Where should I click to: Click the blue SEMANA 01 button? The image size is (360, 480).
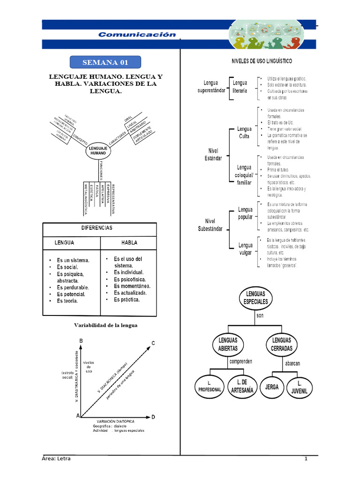point(105,62)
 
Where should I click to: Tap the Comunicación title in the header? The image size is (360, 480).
point(137,34)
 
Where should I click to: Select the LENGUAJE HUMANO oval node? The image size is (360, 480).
point(98,150)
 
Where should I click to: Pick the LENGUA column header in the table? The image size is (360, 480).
point(65,243)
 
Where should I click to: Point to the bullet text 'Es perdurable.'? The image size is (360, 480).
point(73,287)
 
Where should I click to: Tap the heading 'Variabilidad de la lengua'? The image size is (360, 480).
point(105,325)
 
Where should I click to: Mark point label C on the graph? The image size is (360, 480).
point(153,343)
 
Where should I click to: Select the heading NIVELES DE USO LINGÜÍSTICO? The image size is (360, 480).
point(262,61)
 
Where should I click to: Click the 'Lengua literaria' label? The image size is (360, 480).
point(240,87)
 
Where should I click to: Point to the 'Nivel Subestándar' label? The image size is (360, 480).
point(210,225)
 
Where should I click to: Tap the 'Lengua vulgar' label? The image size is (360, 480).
point(245,249)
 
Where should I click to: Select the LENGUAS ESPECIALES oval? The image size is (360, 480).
point(256,298)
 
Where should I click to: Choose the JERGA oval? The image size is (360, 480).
point(272,387)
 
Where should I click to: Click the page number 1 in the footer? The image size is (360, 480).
point(306,458)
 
